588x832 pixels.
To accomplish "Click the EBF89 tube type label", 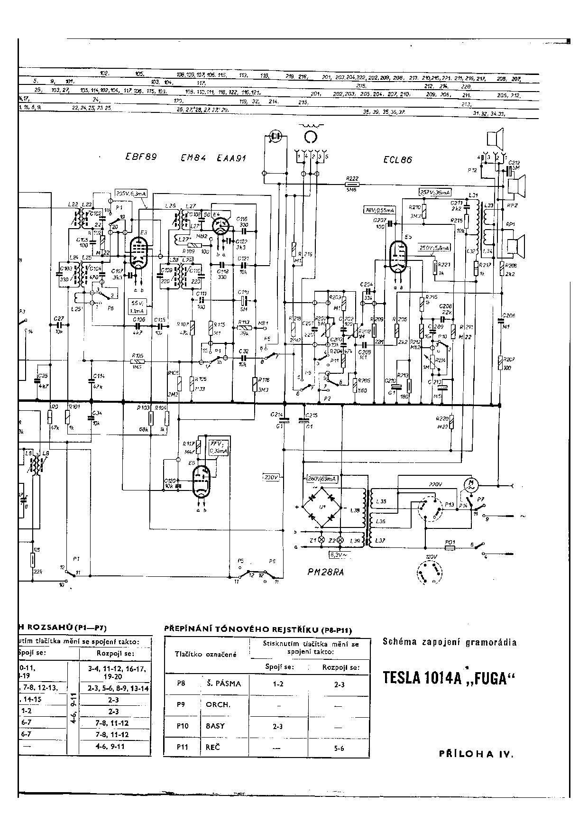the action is coord(141,157).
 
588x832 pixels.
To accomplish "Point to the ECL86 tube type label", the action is coord(397,160).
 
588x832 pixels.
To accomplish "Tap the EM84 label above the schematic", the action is coord(193,158).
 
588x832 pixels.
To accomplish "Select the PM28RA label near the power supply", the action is coord(325,572).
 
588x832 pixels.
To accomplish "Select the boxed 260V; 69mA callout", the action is coord(322,479).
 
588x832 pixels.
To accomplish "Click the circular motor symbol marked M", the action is coord(471,484).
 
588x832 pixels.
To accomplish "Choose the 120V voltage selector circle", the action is coord(431,572).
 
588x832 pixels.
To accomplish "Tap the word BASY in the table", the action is coord(215,726).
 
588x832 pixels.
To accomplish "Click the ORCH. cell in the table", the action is coord(218,704).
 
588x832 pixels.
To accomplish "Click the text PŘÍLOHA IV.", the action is coord(476,754).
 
